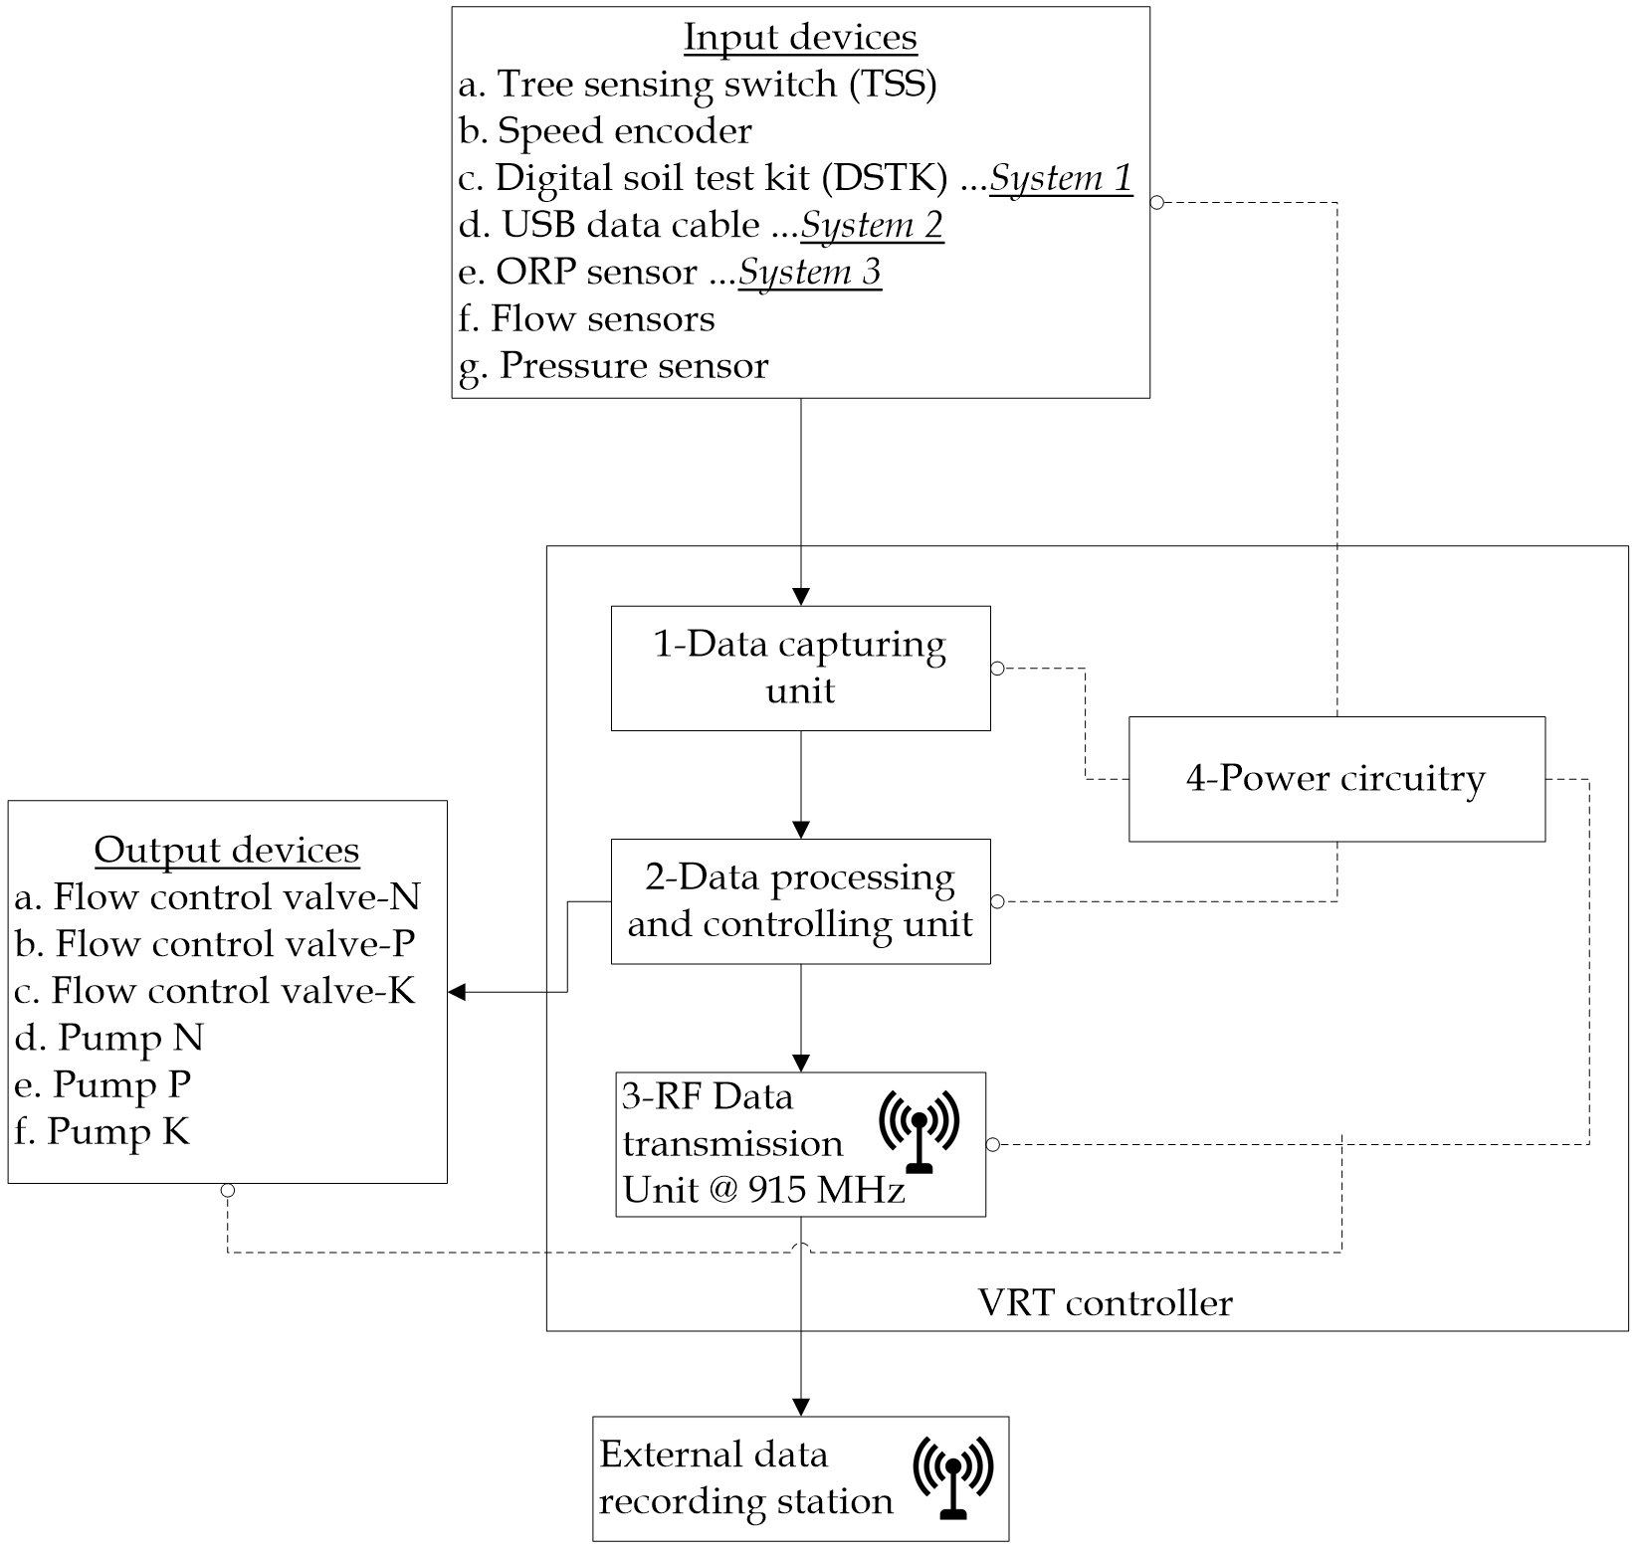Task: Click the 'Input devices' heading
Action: (x=800, y=38)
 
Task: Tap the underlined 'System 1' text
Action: (x=1061, y=178)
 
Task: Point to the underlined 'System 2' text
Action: (x=872, y=225)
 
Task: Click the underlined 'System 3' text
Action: (x=810, y=272)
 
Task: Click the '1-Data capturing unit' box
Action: (x=800, y=668)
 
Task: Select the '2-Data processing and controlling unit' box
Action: (x=800, y=900)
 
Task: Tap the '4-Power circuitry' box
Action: (x=1336, y=779)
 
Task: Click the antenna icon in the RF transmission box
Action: (x=920, y=1131)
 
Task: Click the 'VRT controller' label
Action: (x=1106, y=1302)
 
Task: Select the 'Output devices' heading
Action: (x=227, y=851)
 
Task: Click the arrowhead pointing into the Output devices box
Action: (x=457, y=992)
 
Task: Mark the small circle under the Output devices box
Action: (x=228, y=1191)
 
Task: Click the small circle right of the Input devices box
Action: (x=1157, y=203)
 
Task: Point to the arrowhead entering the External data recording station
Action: (x=801, y=1407)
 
